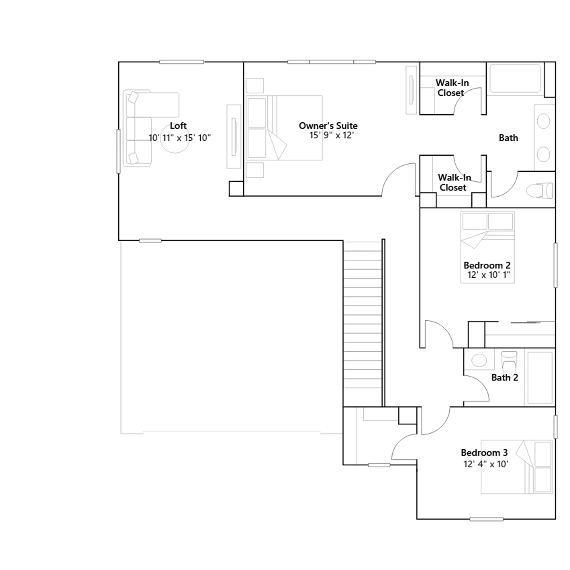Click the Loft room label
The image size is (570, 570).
click(x=178, y=126)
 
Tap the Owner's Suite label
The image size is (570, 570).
click(x=328, y=126)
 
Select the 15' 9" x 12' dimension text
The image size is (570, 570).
click(x=332, y=135)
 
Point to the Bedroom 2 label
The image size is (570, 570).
click(x=487, y=265)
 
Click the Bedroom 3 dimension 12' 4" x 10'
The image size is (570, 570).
click(x=486, y=464)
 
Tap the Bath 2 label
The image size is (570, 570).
click(x=505, y=378)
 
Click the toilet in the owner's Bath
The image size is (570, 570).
click(x=540, y=190)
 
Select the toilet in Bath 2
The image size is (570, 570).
click(x=509, y=361)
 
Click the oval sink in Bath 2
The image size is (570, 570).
click(x=479, y=360)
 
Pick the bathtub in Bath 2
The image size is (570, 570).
click(x=540, y=378)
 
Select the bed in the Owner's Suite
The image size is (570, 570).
click(x=284, y=128)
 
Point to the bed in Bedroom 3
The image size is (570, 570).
click(x=517, y=467)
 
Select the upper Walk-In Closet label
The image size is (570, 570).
click(x=452, y=88)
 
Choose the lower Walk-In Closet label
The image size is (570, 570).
click(x=454, y=182)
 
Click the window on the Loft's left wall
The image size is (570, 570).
click(x=119, y=151)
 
